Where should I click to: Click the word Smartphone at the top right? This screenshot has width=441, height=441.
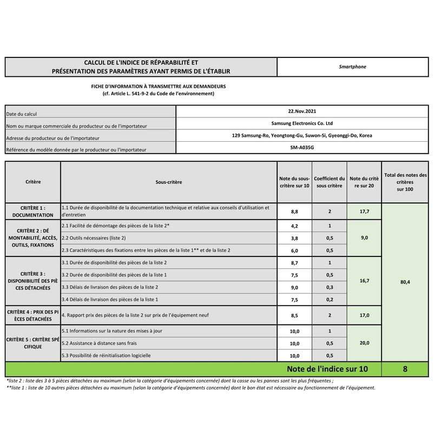click(x=352, y=67)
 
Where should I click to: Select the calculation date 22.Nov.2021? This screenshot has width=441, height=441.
click(x=302, y=111)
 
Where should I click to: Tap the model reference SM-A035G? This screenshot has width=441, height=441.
click(x=302, y=147)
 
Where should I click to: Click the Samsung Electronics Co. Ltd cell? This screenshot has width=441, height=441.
click(x=302, y=123)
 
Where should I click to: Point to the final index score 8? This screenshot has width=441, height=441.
click(x=405, y=369)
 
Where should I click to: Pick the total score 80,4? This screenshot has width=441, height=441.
click(x=405, y=282)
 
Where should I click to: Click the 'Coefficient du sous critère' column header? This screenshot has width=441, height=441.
click(x=330, y=182)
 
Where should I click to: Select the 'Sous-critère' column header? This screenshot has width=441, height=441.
click(x=169, y=182)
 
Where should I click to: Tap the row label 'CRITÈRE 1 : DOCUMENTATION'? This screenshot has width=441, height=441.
click(x=33, y=211)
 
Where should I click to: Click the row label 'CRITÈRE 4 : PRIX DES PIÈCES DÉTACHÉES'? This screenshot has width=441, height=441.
click(x=33, y=315)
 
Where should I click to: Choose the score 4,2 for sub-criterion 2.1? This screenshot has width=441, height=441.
click(x=295, y=226)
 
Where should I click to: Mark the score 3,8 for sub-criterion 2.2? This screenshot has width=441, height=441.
click(x=295, y=238)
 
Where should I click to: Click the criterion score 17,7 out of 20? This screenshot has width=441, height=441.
click(x=364, y=212)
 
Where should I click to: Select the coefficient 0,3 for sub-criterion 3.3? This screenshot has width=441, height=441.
click(x=330, y=287)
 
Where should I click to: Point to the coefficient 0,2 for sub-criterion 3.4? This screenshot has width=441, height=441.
click(x=330, y=299)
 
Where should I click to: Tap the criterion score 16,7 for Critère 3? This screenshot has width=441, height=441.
click(x=364, y=281)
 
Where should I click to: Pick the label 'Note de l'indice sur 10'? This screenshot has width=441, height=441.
click(x=327, y=369)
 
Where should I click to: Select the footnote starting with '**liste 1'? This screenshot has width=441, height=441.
click(x=190, y=387)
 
